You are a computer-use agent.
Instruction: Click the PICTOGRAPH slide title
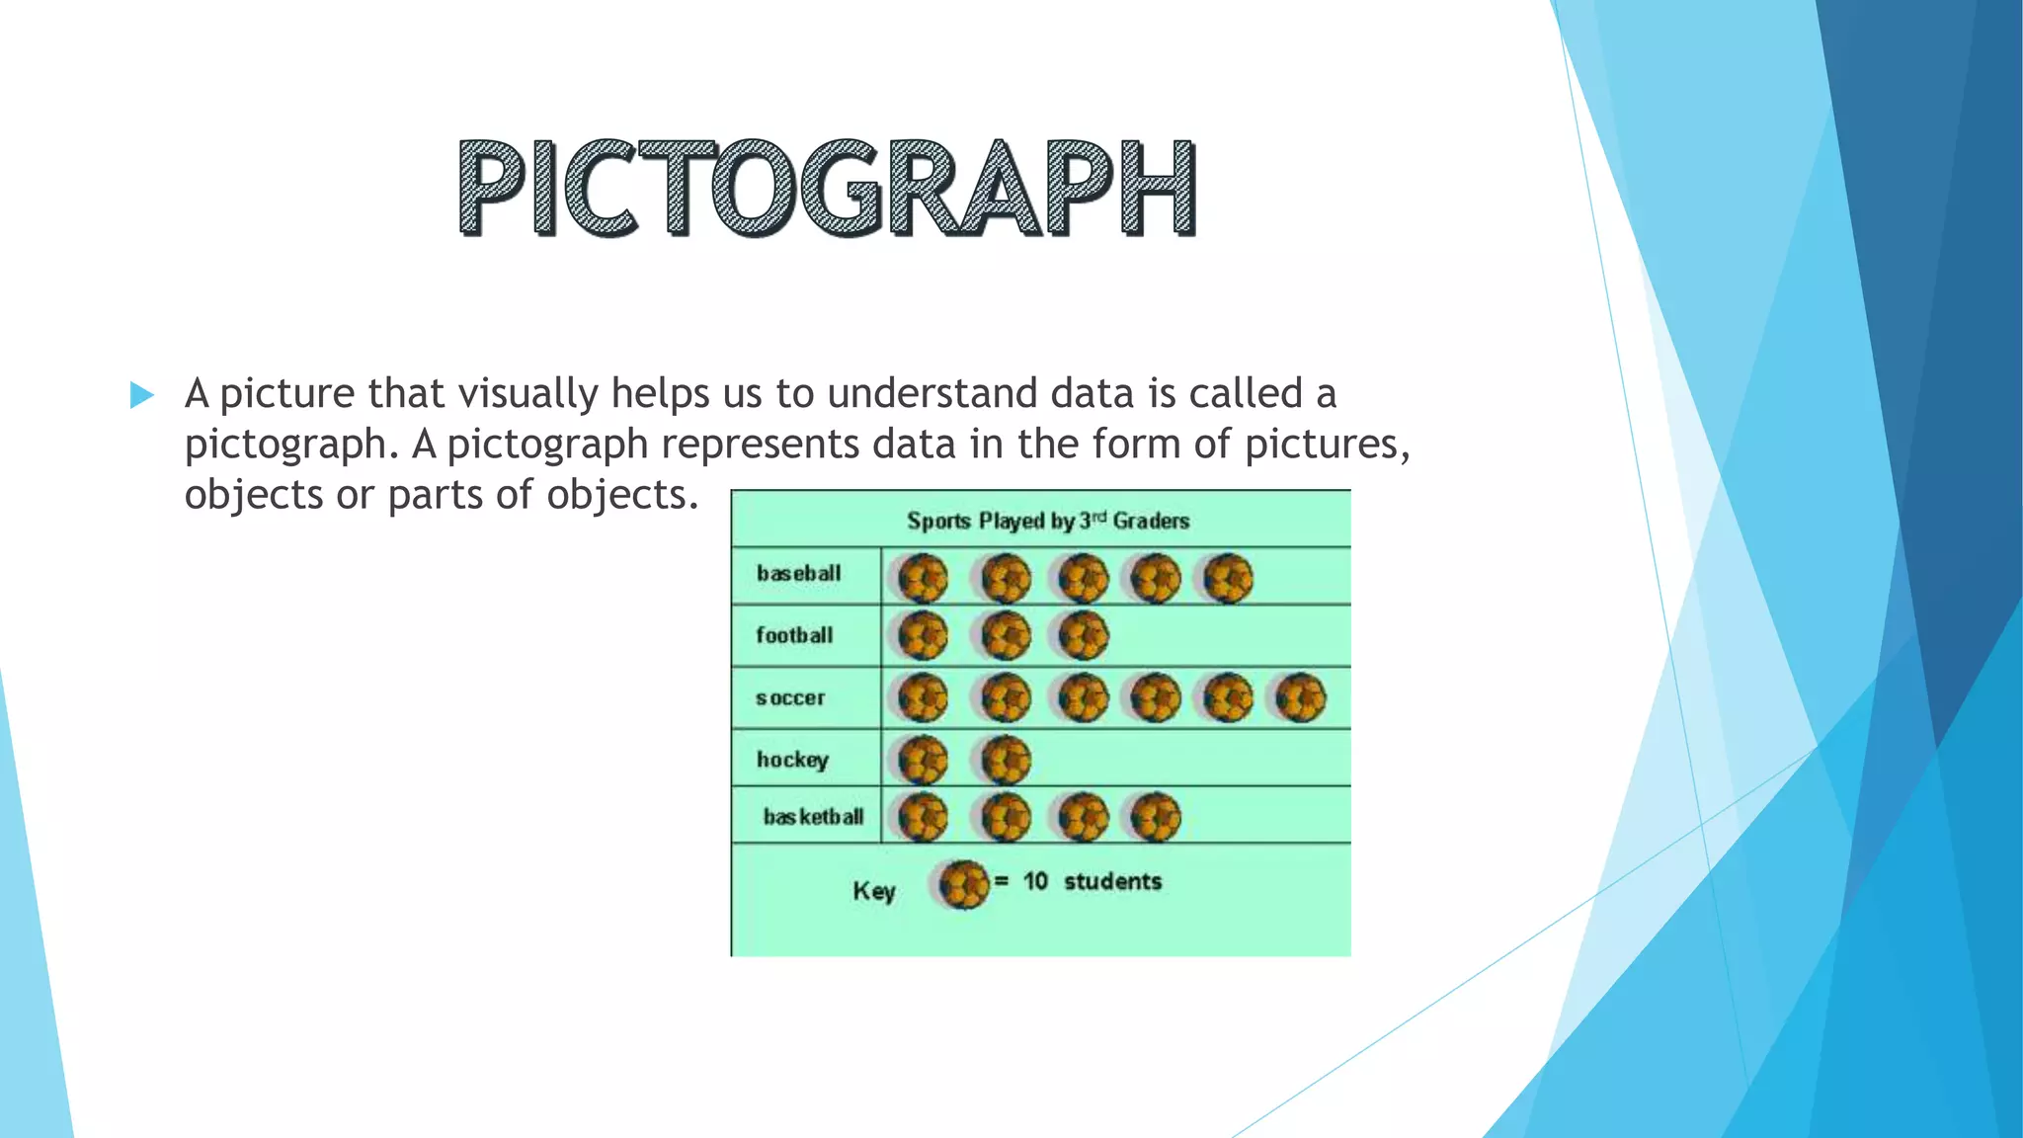click(827, 188)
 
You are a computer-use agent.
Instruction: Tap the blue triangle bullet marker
click(142, 395)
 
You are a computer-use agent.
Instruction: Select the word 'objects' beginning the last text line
click(253, 494)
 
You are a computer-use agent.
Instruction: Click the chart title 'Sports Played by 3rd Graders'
click(1047, 521)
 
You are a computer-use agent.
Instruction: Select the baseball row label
click(798, 573)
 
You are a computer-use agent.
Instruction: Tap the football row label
click(794, 635)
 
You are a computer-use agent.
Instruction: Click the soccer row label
click(790, 697)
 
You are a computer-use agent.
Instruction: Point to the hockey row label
click(792, 760)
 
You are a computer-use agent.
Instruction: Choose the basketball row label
click(813, 817)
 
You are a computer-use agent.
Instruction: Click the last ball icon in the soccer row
click(1300, 697)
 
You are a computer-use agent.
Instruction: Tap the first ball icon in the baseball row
click(923, 578)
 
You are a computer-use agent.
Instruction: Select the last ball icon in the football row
click(1084, 635)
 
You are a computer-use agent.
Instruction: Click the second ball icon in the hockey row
click(1006, 760)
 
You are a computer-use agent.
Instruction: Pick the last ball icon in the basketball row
click(1155, 817)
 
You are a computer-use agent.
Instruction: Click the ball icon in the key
click(962, 884)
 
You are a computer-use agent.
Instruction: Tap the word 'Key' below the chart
click(874, 891)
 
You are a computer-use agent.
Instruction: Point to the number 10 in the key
click(1035, 881)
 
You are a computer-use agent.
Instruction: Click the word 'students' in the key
click(1112, 881)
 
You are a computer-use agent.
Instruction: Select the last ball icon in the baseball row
click(1228, 578)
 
